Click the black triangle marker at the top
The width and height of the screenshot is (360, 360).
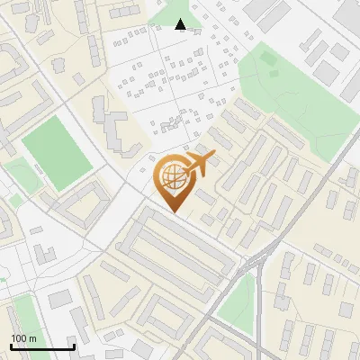[181, 24]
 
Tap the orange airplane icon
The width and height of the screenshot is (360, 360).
[199, 164]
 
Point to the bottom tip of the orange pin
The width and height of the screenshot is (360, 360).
[174, 211]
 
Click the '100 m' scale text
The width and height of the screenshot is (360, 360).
[24, 338]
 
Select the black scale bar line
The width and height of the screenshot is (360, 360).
[42, 346]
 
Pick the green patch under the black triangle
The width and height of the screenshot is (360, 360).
[171, 13]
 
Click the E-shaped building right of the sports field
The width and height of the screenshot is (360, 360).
[112, 130]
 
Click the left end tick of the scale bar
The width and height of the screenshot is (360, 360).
[11, 346]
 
